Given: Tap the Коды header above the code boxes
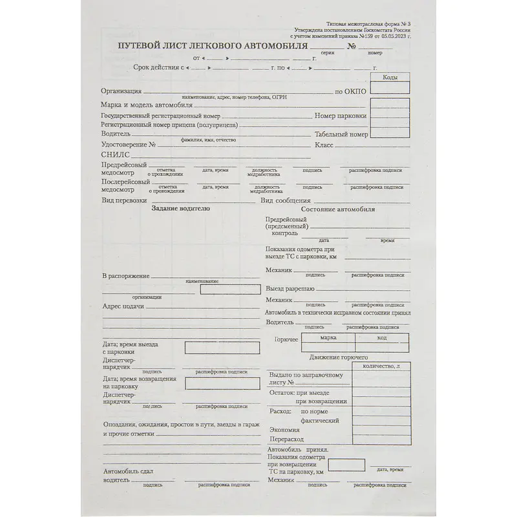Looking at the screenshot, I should click(390, 78).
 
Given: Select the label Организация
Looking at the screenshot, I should click(121, 91).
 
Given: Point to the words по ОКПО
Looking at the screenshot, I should click(350, 92).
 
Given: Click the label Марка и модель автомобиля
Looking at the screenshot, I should click(147, 104).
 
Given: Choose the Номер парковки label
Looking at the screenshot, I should click(341, 116).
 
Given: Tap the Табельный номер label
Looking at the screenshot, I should click(341, 134).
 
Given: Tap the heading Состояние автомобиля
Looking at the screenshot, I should click(338, 209).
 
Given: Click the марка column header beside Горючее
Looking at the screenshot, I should click(328, 337).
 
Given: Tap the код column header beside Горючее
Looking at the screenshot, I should click(382, 337).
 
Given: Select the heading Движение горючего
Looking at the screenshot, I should click(338, 357).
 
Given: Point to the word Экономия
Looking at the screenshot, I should click(284, 430).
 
